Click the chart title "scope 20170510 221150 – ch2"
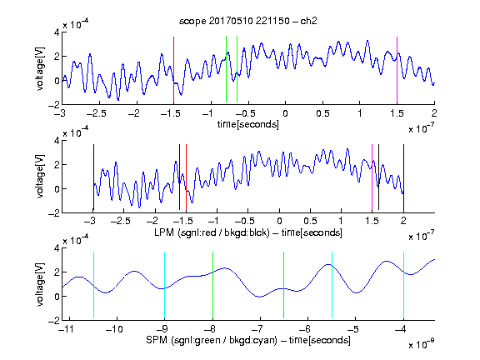[248, 21]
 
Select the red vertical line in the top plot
[173, 70]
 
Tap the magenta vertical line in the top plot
[397, 70]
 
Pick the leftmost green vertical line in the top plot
[226, 69]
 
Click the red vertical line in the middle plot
[186, 177]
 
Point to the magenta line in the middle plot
[372, 177]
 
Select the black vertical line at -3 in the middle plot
[93, 177]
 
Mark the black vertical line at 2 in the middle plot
[403, 178]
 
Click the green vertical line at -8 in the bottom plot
[212, 285]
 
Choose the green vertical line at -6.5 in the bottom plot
[284, 285]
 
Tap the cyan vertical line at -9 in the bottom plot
[165, 285]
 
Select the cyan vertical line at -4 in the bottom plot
[403, 285]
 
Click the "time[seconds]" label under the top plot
[248, 124]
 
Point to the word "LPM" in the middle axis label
[164, 232]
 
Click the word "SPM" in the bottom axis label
[157, 340]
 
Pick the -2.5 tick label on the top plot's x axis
[96, 113]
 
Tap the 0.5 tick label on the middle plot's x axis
[310, 221]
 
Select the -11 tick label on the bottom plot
[66, 329]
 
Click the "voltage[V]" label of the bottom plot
[40, 284]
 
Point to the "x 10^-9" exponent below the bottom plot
[422, 344]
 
